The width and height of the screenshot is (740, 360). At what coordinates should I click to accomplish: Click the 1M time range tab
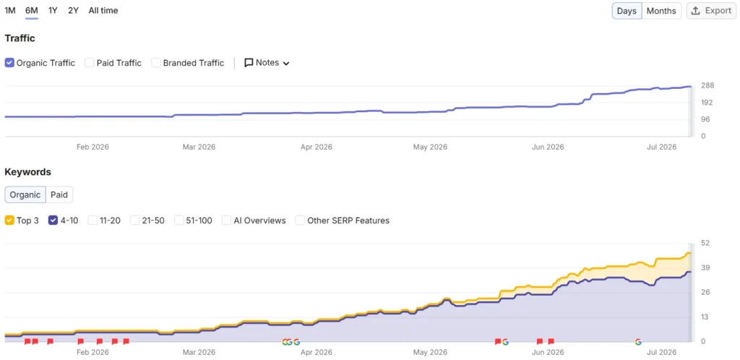tap(10, 10)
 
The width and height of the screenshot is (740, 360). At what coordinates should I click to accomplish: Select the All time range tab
tap(103, 10)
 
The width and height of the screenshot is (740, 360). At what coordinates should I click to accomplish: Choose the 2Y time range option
tap(73, 10)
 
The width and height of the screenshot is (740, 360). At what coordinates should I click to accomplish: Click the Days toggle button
tap(627, 11)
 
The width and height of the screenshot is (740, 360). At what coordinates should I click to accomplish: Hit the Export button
tap(711, 11)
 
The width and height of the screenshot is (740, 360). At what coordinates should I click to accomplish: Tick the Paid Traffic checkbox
tap(89, 63)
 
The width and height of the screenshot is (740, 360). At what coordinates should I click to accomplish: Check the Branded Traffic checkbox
tap(156, 63)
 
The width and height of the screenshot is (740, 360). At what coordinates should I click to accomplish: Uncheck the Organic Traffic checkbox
tap(9, 63)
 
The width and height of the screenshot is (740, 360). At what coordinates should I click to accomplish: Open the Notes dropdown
tap(267, 63)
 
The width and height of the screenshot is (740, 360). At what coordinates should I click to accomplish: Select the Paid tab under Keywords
tap(59, 194)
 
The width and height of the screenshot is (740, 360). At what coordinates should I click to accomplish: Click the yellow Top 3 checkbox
tap(9, 220)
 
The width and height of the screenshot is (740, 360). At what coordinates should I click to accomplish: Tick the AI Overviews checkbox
tap(226, 220)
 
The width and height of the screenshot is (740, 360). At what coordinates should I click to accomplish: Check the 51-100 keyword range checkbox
tap(179, 220)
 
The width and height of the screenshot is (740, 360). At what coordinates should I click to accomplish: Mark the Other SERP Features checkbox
tap(300, 220)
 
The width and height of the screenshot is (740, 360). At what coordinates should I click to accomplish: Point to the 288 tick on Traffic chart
tap(708, 85)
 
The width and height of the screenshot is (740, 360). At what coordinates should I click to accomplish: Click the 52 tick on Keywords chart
tap(706, 243)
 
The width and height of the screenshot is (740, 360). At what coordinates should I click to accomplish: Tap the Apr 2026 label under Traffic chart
tap(317, 147)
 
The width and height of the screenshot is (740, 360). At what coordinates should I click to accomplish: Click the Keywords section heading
tap(28, 172)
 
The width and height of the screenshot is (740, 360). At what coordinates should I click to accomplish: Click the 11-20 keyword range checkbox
tap(92, 220)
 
